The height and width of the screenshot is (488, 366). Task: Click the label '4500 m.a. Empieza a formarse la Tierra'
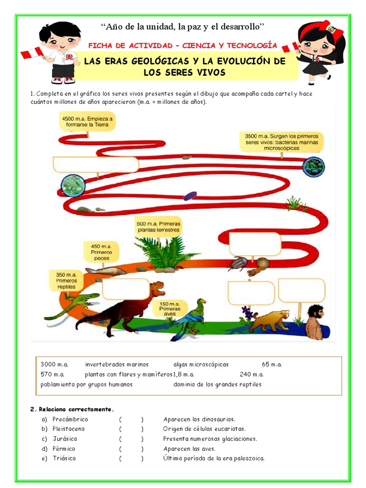click(x=87, y=121)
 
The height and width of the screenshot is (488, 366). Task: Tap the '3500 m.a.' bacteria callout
click(x=281, y=142)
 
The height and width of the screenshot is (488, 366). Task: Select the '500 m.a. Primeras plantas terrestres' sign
click(x=158, y=226)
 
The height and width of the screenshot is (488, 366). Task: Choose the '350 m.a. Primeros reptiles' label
click(x=66, y=281)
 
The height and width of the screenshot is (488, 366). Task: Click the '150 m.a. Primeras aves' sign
click(x=170, y=309)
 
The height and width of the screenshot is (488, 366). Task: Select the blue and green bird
click(x=193, y=318)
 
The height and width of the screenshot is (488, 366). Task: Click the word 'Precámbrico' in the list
click(x=70, y=419)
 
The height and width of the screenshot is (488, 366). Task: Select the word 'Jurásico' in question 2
click(x=65, y=439)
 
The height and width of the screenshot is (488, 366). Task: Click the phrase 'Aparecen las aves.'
click(x=189, y=448)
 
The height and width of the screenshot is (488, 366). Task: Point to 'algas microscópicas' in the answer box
click(x=201, y=365)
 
